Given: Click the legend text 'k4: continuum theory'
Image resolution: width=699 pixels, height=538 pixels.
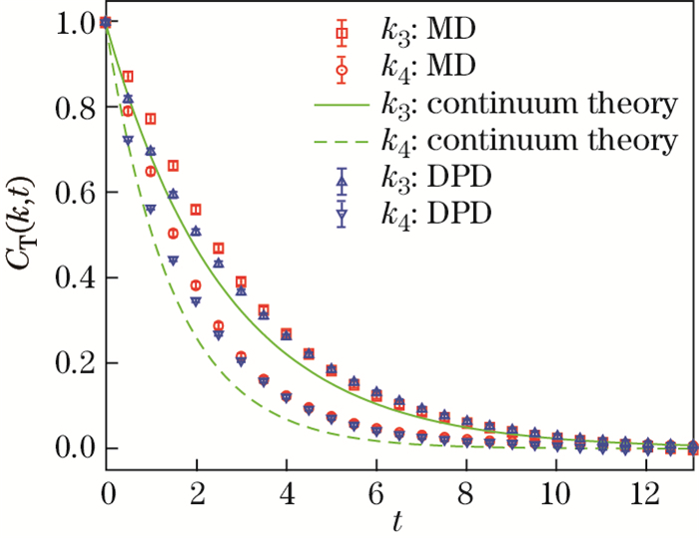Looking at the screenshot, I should pos(529,142).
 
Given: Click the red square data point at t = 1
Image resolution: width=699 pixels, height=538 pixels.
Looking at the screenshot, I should pos(151,119).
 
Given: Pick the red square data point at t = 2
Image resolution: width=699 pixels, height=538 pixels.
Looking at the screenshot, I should pos(196,210).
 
